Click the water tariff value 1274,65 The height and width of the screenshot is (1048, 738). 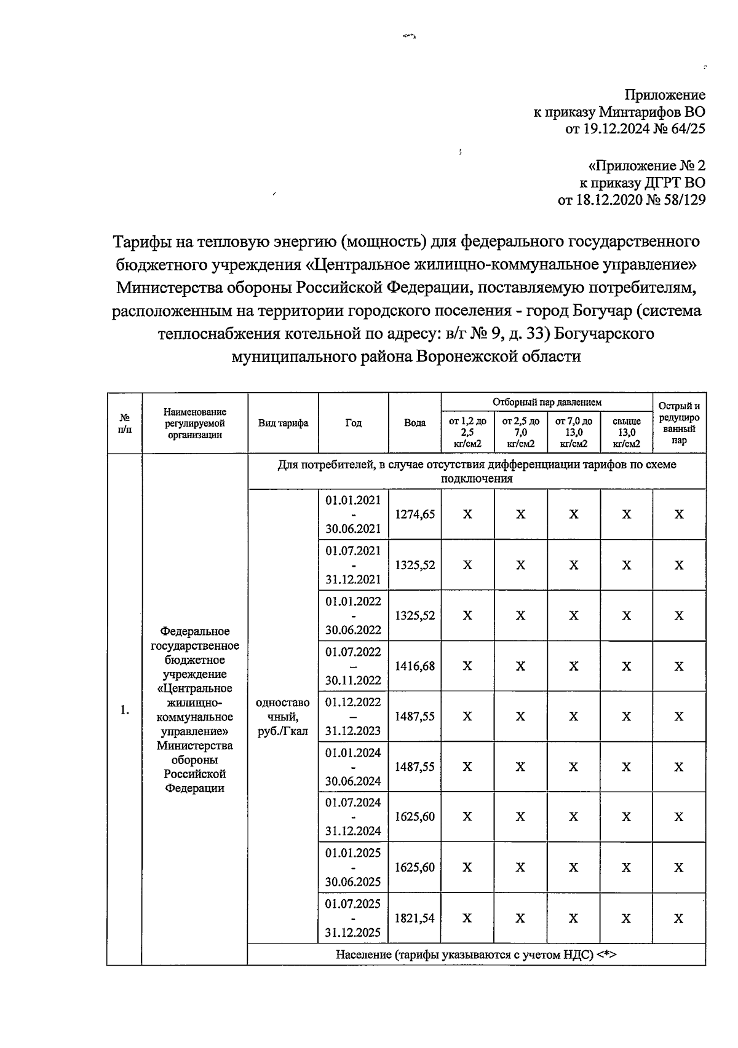click(x=415, y=514)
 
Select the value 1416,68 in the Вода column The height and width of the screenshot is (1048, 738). click(x=415, y=666)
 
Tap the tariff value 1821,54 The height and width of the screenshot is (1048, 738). click(x=415, y=918)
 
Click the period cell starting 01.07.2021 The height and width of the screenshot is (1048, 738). click(x=353, y=565)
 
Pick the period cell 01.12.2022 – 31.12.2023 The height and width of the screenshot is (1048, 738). click(x=353, y=717)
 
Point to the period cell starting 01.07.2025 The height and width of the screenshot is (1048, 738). click(x=353, y=918)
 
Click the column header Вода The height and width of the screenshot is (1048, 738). click(x=415, y=423)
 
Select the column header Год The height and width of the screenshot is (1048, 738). click(x=353, y=423)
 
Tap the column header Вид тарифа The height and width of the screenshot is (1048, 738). click(x=283, y=423)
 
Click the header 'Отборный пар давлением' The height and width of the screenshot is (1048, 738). click(x=547, y=403)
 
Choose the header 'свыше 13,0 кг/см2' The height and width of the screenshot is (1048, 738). click(x=626, y=433)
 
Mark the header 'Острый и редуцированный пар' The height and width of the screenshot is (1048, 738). click(x=679, y=423)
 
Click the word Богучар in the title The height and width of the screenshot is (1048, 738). click(x=598, y=310)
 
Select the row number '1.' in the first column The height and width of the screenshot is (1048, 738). click(x=124, y=711)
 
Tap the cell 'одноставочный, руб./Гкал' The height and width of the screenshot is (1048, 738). click(x=283, y=717)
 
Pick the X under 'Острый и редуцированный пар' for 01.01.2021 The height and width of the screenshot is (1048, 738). click(x=679, y=514)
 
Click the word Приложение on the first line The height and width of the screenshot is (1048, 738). click(x=665, y=95)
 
